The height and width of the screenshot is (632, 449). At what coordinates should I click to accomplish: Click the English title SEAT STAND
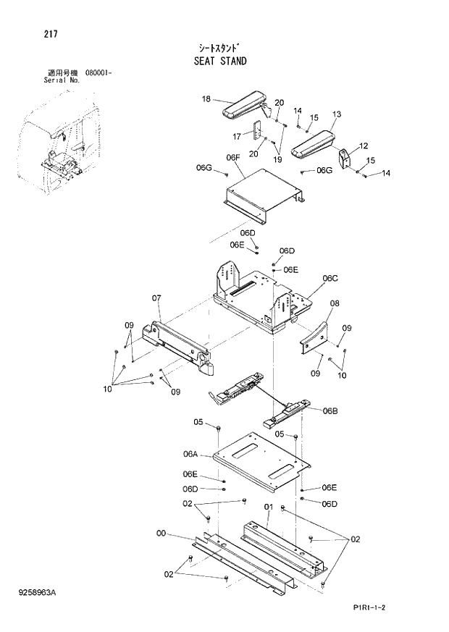click(x=219, y=61)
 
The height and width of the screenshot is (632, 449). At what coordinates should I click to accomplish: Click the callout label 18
click(x=206, y=99)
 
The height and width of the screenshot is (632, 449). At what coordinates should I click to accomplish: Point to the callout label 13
click(x=336, y=114)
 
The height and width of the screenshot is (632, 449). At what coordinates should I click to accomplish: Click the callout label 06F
click(x=232, y=157)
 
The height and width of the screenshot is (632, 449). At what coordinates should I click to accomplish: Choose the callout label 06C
click(x=330, y=278)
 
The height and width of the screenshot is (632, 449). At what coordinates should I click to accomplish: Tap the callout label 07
click(x=156, y=298)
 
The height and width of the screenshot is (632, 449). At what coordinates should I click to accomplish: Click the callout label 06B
click(x=330, y=410)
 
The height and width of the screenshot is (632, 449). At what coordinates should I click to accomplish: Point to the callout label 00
click(x=161, y=534)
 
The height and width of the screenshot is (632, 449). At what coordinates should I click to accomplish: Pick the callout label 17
click(x=237, y=136)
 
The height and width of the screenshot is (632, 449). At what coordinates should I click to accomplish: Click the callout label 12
click(x=363, y=146)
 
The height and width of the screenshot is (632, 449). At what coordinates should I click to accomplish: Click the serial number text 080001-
click(x=101, y=73)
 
